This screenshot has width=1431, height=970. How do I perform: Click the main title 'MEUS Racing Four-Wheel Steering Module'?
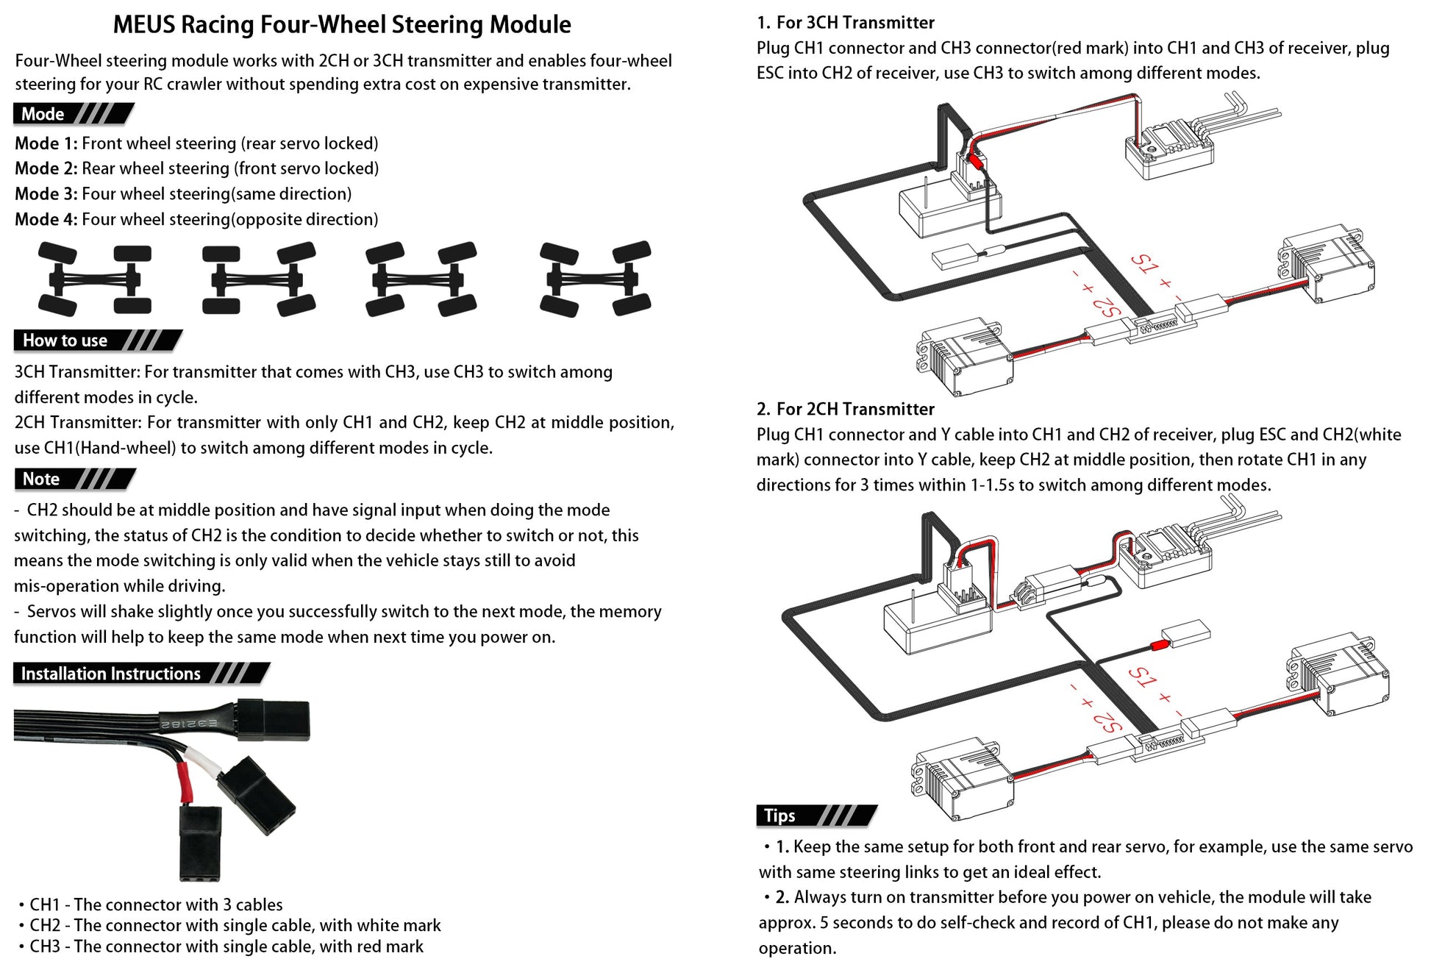(341, 25)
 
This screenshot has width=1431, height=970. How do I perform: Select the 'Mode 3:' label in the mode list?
(46, 194)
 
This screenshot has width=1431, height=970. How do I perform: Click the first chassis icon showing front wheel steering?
(94, 279)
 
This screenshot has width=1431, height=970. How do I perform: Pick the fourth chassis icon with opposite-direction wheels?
(595, 279)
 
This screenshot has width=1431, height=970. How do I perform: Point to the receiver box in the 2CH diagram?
(935, 621)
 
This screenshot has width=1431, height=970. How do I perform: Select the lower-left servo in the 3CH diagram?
(963, 357)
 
